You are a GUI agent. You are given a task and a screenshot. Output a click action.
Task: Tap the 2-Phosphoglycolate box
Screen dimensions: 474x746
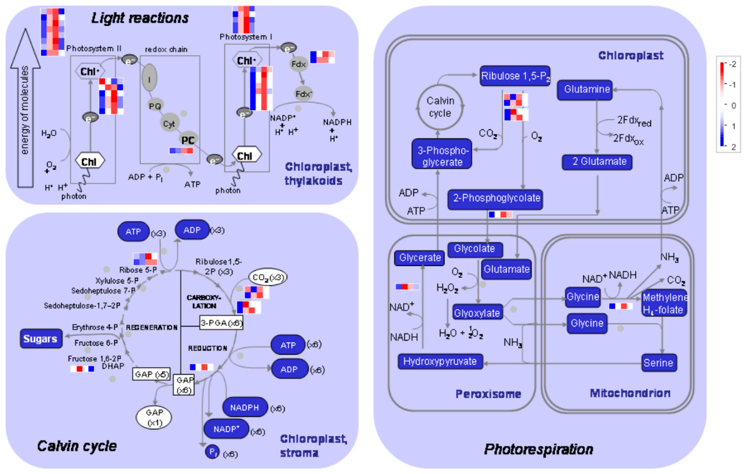tap(495, 199)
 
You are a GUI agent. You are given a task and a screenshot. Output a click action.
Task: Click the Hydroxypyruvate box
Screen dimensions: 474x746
tap(440, 361)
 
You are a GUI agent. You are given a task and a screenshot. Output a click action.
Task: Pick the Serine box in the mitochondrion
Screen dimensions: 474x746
tap(659, 363)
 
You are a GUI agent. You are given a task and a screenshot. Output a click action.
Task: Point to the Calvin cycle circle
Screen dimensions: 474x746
tap(440, 107)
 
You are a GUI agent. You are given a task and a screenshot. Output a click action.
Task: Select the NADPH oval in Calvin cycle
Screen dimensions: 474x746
tap(244, 407)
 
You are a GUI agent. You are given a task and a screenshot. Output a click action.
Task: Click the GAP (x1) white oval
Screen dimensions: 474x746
tap(154, 417)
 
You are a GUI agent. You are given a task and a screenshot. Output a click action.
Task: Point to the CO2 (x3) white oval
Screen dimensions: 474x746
tap(268, 277)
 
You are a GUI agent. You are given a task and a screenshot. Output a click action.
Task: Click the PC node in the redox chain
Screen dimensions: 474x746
tap(188, 140)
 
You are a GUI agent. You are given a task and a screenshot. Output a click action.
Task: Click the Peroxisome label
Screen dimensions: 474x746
tap(488, 394)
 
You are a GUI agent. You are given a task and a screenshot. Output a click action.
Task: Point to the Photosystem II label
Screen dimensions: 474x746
tap(94, 48)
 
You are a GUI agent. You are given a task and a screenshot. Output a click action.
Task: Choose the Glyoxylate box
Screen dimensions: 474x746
tap(477, 313)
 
